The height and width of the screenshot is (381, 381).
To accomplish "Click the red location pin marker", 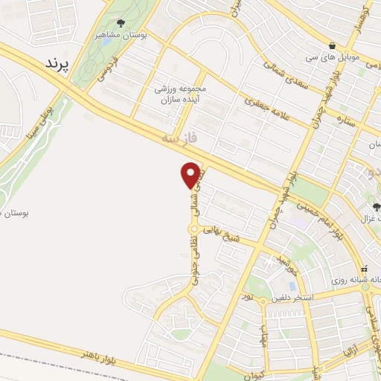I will [x=191, y=175].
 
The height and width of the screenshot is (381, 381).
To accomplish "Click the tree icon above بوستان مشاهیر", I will [x=121, y=23].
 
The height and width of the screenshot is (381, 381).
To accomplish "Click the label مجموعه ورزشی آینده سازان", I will [x=181, y=94].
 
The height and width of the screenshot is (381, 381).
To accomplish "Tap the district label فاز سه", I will [x=179, y=138].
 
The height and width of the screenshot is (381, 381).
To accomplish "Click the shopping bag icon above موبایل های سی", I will [x=331, y=45].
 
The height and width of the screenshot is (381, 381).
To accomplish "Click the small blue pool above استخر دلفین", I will [x=292, y=286].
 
